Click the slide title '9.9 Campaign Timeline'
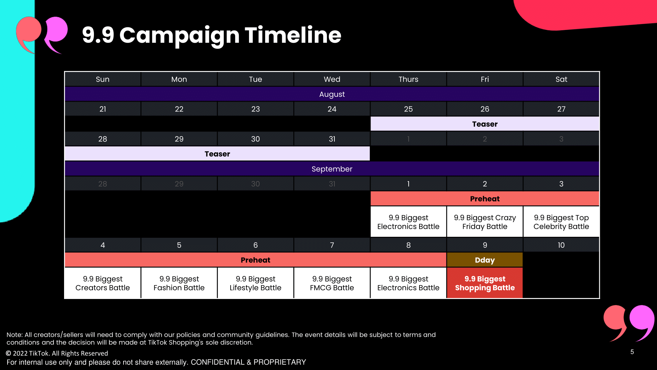pos(212,35)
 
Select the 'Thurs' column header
pos(408,79)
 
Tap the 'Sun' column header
pos(102,79)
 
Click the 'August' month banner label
pos(332,94)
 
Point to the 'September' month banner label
pos(332,169)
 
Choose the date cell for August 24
pos(332,109)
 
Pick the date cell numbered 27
pos(561,109)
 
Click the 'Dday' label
pos(485,260)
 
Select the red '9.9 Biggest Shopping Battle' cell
pos(485,283)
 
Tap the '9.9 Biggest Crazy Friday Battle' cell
pos(485,222)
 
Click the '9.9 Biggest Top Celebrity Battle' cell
pos(561,222)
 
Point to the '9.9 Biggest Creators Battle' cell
pos(102,283)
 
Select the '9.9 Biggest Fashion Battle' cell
pos(179,283)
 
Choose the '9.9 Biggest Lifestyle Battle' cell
pos(256,283)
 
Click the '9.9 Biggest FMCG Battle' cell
pos(332,283)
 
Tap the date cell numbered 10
pos(561,245)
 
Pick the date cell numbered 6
pos(256,245)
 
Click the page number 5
pos(632,352)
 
